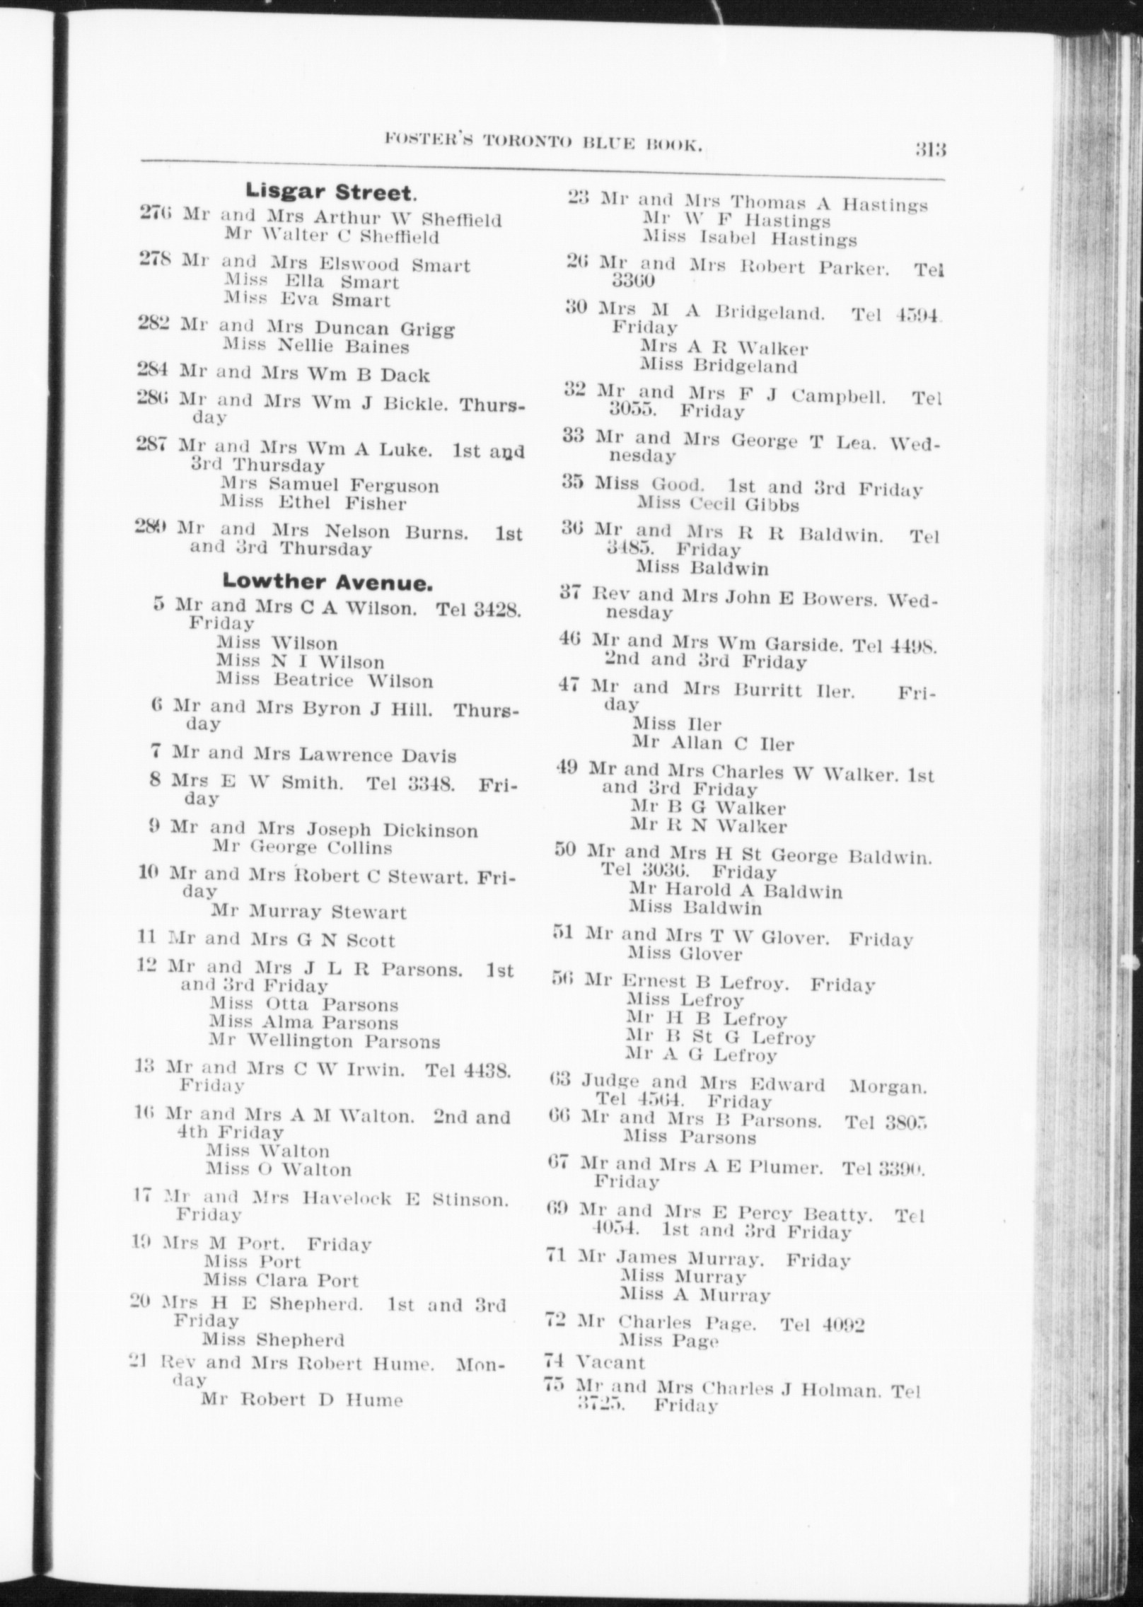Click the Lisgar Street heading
[x=330, y=192]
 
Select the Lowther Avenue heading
[x=327, y=582]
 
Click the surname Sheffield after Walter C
[x=400, y=237]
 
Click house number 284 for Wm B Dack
[x=155, y=370]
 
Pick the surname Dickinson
[x=430, y=830]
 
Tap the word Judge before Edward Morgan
[x=610, y=1081]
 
